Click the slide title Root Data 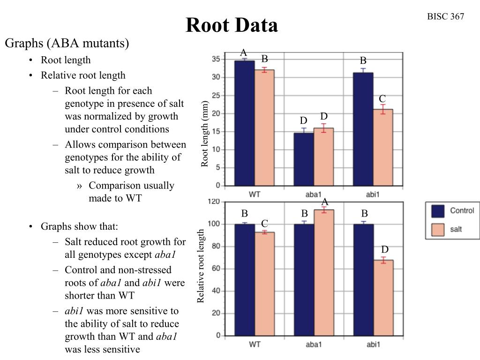coord(232,25)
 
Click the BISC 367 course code coord(445,17)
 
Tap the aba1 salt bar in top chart coord(323,157)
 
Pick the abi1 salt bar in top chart coord(383,147)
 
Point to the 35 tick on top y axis coord(216,59)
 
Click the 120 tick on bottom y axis coord(214,202)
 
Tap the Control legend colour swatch coord(438,211)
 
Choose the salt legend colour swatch coord(438,230)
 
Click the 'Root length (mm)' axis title coord(205,134)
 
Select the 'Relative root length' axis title coord(201,266)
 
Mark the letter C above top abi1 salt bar coord(382,99)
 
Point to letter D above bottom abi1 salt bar coord(385,249)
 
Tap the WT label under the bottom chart coord(255,345)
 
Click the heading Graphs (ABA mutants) coord(67,44)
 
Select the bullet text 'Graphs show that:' coord(79,227)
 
